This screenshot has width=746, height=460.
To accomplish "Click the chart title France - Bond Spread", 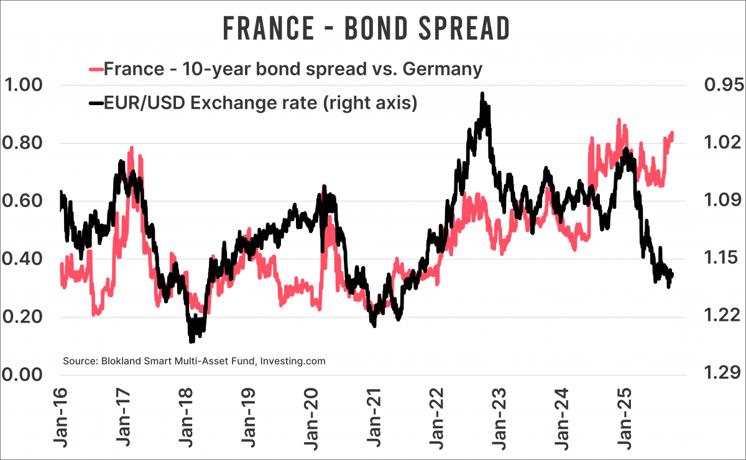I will click(x=366, y=28).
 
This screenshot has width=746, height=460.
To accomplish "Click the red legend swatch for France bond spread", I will click(x=96, y=68).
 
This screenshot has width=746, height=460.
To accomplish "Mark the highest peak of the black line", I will click(x=482, y=94).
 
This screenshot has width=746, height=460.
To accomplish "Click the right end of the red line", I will click(x=673, y=132).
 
